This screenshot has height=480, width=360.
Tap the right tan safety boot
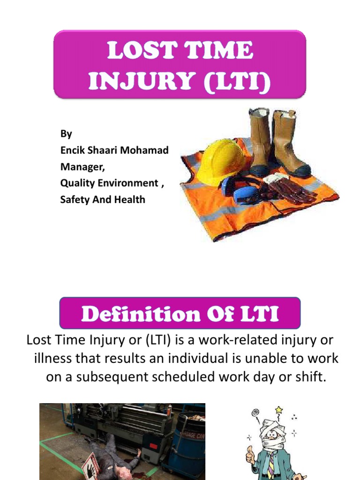(x=289, y=143)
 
